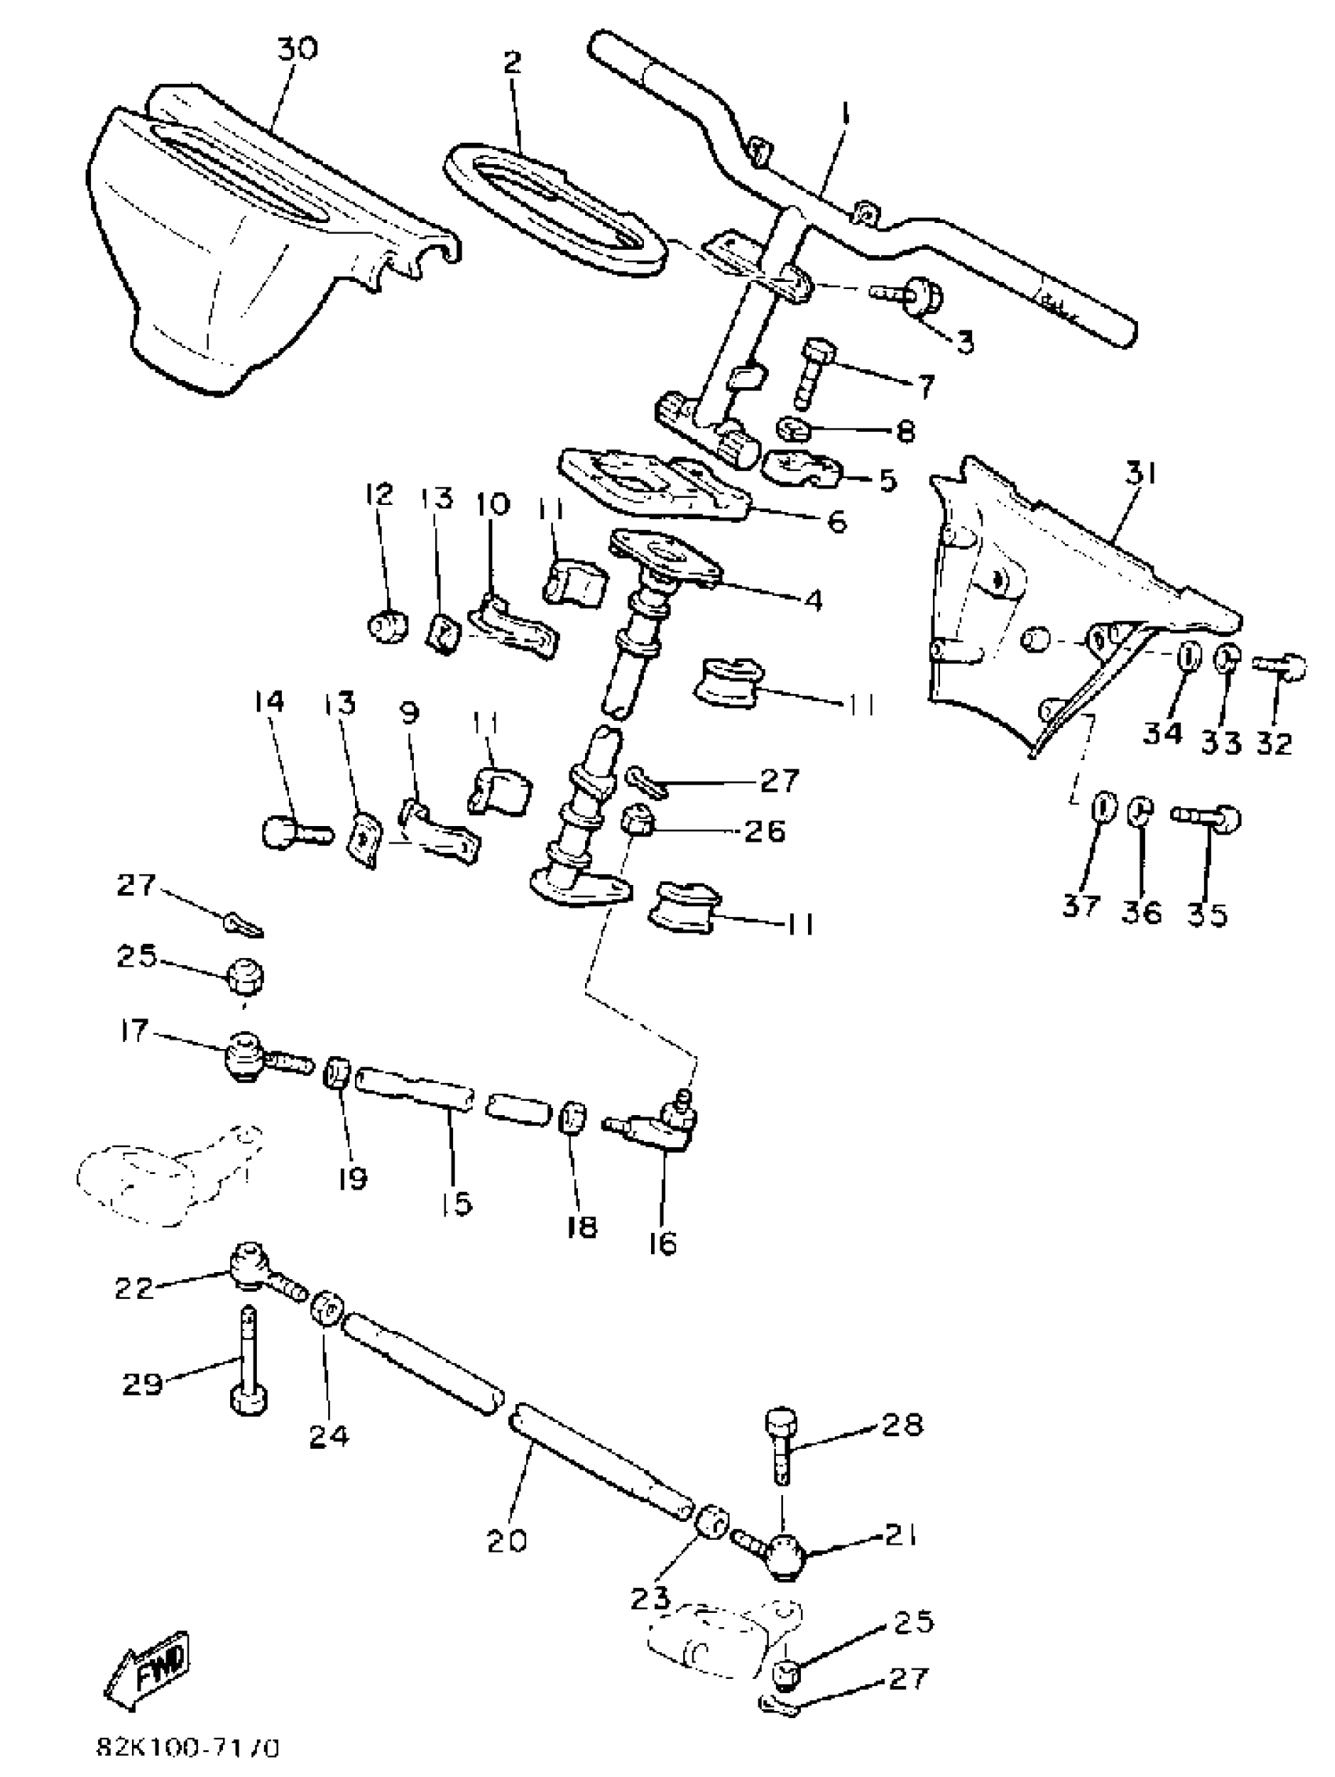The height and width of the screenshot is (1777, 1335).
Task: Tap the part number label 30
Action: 297,48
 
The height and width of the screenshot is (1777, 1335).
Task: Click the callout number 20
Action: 507,1540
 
